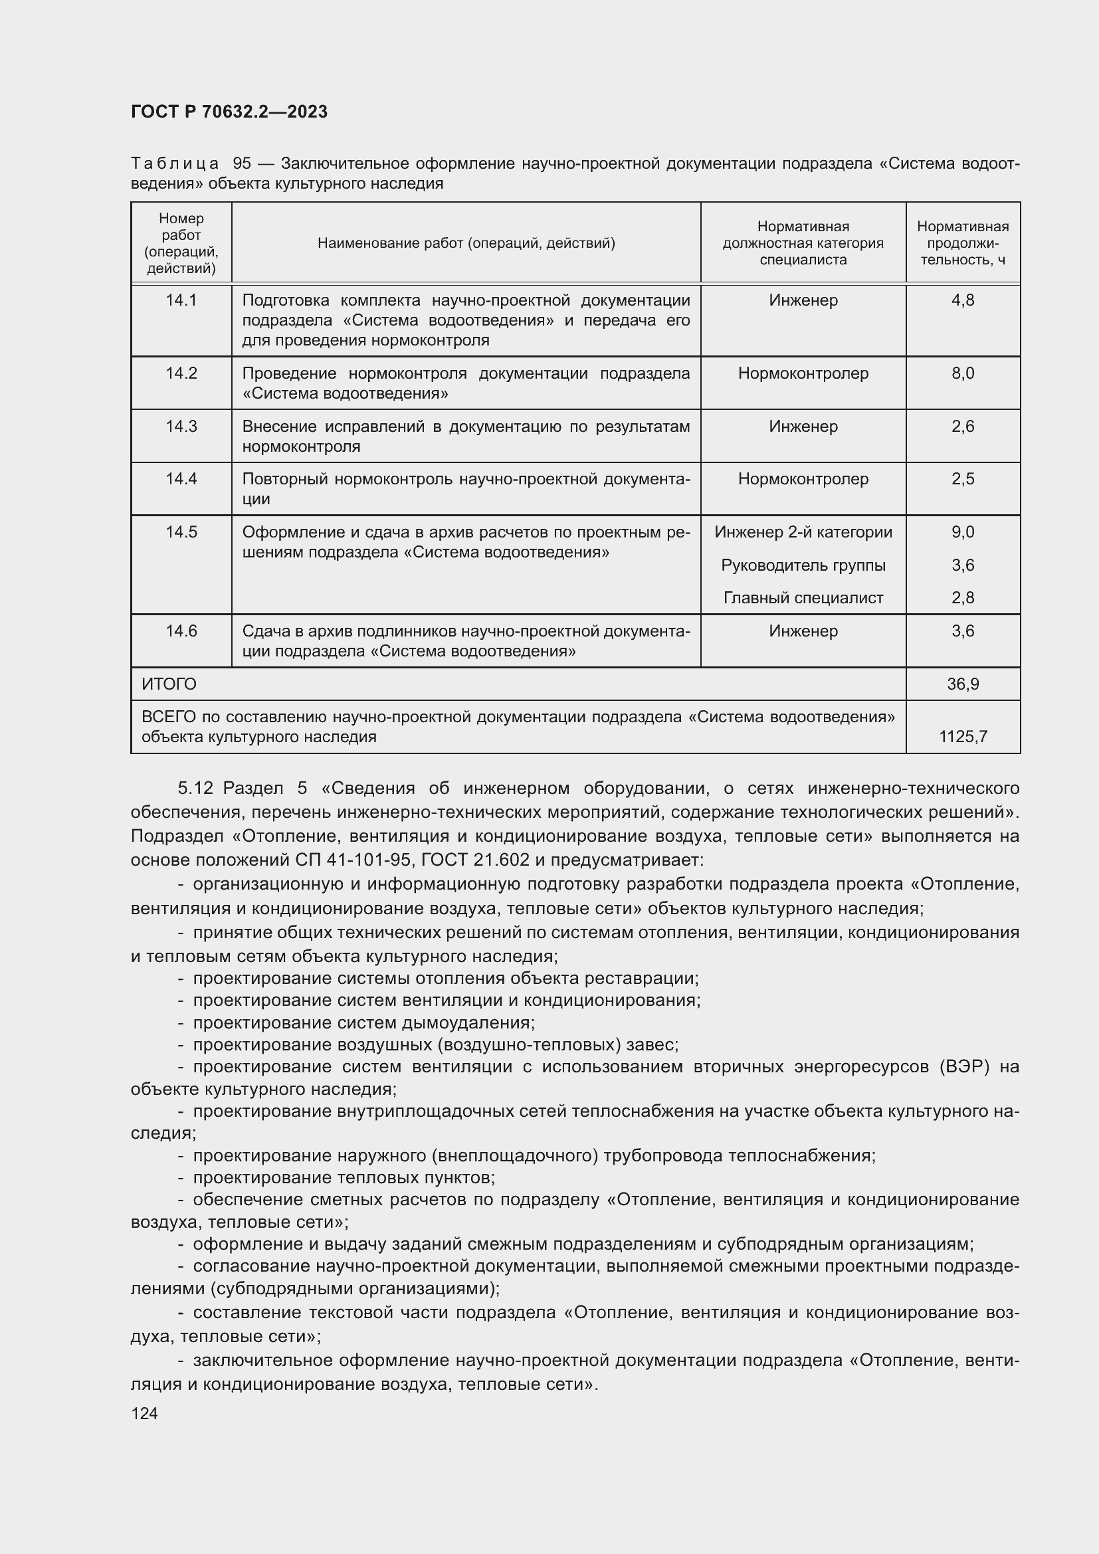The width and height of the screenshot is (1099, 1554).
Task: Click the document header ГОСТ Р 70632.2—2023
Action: tap(229, 112)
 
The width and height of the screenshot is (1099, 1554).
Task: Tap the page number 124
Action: tap(144, 1413)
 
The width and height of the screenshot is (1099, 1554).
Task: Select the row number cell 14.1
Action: tap(181, 300)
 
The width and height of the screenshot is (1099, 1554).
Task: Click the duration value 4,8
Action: tap(962, 300)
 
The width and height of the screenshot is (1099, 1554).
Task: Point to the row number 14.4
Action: tap(181, 478)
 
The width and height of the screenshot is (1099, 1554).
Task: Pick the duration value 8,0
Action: tap(962, 373)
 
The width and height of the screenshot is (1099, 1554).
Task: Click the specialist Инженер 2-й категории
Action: tap(803, 532)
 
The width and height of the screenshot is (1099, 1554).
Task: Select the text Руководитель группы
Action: tap(803, 565)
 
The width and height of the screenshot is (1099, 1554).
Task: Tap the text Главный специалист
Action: tap(803, 598)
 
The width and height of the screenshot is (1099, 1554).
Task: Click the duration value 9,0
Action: tap(962, 532)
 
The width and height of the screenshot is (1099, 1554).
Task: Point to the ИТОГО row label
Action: tap(169, 684)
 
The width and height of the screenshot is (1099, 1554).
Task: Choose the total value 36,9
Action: tap(962, 684)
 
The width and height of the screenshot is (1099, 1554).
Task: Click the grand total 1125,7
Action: tap(962, 736)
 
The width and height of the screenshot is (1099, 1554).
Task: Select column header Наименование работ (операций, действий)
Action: tap(466, 243)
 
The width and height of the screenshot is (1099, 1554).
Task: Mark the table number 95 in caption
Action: tap(242, 164)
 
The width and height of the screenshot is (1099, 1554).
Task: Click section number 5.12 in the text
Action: tap(195, 789)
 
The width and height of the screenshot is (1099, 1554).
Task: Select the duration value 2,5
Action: tap(962, 478)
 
